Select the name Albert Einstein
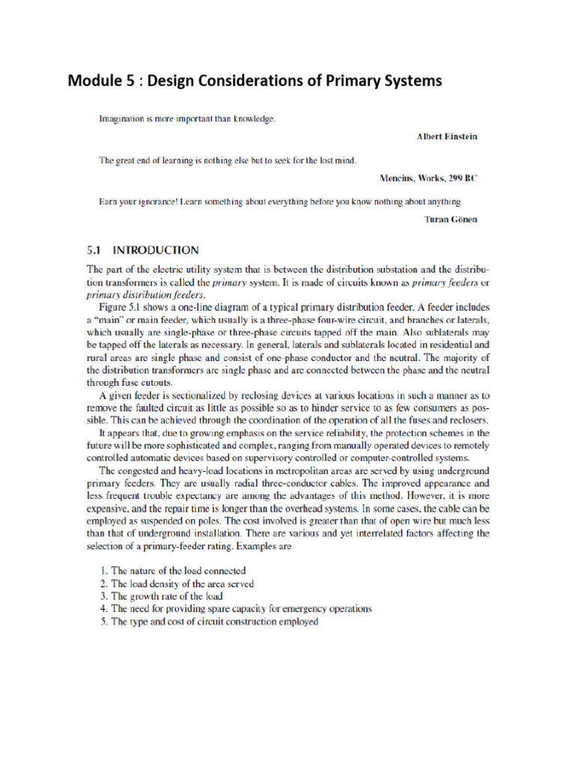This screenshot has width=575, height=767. pyautogui.click(x=446, y=137)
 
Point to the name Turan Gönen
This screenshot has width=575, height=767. pyautogui.click(x=450, y=219)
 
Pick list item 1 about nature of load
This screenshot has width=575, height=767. pyautogui.click(x=173, y=570)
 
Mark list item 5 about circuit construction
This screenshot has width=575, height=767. pyautogui.click(x=209, y=621)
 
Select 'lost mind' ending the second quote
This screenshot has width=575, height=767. pyautogui.click(x=335, y=160)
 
